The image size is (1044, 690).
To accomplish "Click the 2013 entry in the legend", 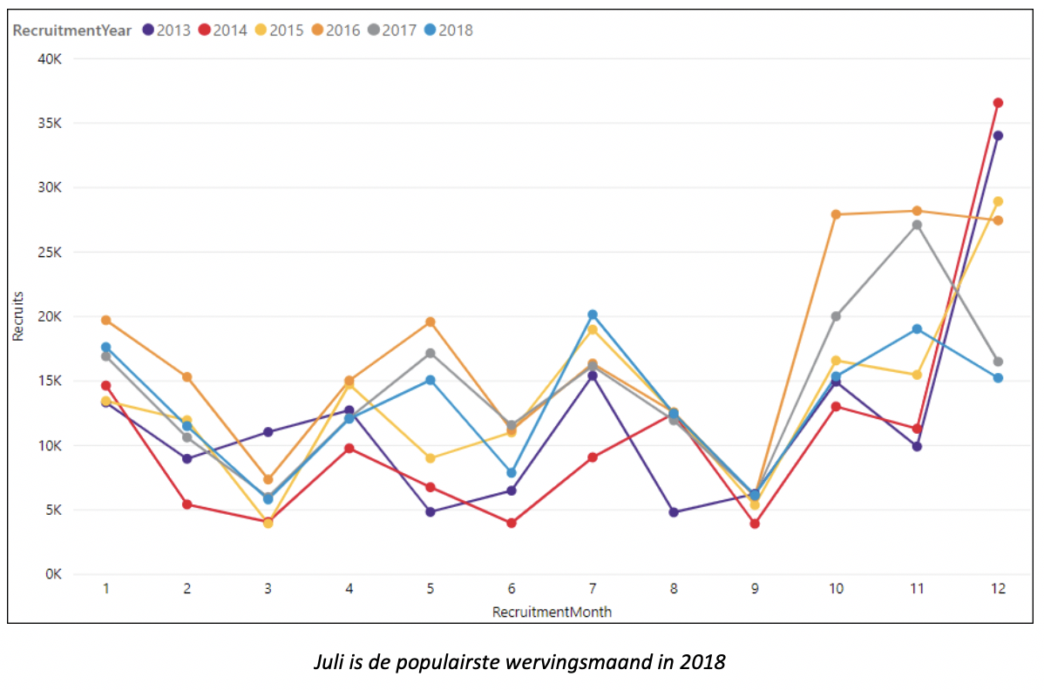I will coord(166,30).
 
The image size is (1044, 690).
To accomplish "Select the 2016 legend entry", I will coord(336,30).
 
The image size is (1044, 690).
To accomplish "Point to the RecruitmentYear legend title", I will coord(72,30).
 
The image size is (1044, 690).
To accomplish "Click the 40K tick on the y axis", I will coord(49,58).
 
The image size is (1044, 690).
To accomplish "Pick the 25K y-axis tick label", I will coord(49,252).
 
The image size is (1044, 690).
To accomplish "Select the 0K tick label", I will coord(52,574).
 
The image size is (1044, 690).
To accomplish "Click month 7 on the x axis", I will coord(593,589).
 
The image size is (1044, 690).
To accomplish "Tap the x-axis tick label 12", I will coord(998,589).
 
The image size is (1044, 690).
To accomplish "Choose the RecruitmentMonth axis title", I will coord(552,612).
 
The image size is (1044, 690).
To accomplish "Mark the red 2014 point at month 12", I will coord(998,103).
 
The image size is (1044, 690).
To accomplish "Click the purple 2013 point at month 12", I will coord(998,135).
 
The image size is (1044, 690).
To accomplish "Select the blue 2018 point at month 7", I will coord(593,315).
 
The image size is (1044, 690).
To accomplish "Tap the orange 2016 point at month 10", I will coord(836,214).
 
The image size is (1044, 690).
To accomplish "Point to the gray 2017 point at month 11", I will coord(917,225).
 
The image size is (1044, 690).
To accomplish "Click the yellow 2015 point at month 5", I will coord(430,458).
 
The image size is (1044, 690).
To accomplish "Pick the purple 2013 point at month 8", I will coord(674,512).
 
